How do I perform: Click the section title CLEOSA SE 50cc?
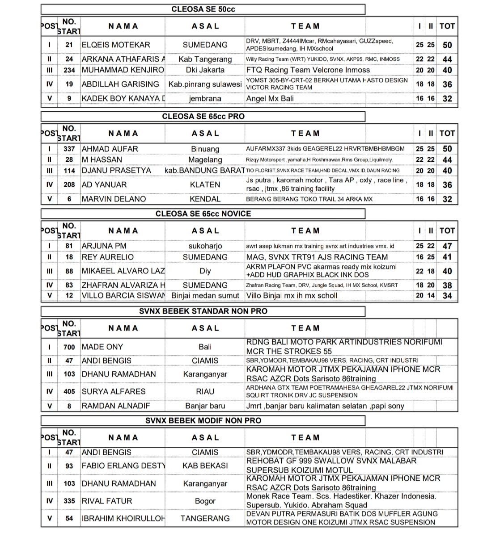click(x=203, y=9)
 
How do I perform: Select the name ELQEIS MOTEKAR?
click(x=116, y=45)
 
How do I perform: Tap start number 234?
click(x=69, y=70)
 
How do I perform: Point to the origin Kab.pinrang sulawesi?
click(x=205, y=84)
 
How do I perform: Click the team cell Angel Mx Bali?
click(x=270, y=98)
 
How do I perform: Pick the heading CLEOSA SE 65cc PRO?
click(x=203, y=116)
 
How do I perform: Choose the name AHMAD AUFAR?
click(x=110, y=149)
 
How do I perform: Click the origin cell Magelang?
click(x=205, y=159)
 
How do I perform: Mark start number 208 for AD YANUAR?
click(x=69, y=185)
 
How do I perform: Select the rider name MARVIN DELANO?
click(x=114, y=199)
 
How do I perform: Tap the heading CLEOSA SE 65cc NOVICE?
click(x=203, y=214)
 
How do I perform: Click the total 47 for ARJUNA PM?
click(x=447, y=246)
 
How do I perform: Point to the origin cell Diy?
click(x=205, y=271)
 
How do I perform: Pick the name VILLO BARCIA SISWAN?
click(x=123, y=295)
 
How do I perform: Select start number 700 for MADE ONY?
click(x=69, y=347)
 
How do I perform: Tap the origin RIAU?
click(x=205, y=391)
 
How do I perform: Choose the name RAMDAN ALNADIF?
click(x=116, y=406)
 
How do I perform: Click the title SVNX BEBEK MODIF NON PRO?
click(x=203, y=420)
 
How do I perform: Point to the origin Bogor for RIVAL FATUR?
click(x=205, y=501)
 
